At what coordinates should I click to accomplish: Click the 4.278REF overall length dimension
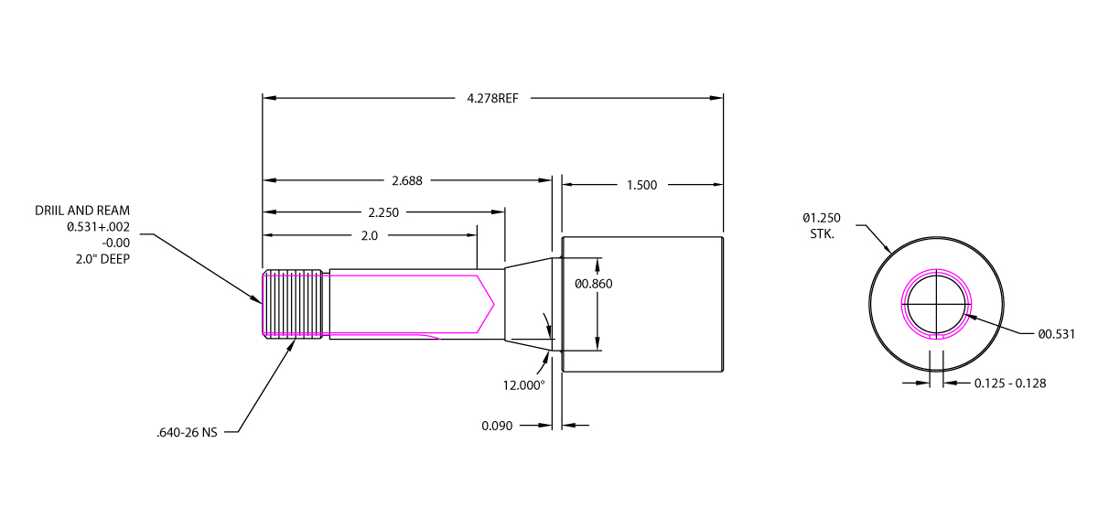click(x=492, y=99)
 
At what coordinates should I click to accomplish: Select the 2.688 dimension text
click(x=407, y=181)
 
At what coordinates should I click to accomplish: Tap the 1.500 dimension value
click(x=641, y=185)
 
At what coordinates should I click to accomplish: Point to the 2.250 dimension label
click(x=383, y=212)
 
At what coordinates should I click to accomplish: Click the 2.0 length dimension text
click(x=370, y=236)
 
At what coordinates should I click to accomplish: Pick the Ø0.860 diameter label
click(x=594, y=284)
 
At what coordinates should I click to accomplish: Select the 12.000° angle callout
click(x=523, y=385)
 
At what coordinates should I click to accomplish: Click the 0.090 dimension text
click(x=497, y=426)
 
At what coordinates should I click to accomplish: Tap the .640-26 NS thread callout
click(x=187, y=432)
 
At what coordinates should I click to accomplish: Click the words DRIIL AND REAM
click(x=82, y=211)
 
